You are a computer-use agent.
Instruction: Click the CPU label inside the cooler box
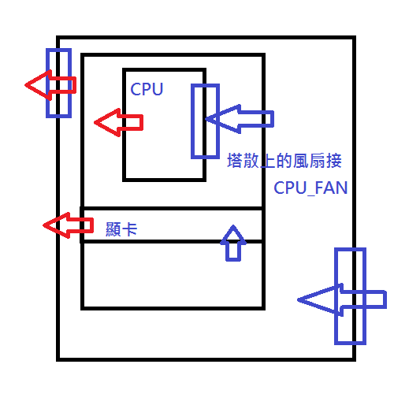pos(147,89)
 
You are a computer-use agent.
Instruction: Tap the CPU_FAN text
pos(310,188)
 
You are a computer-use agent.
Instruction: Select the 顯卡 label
pos(121,229)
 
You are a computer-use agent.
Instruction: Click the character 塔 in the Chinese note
pos(235,161)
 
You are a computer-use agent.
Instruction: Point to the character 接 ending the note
pos(334,161)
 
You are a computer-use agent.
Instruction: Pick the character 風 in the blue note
pos(301,161)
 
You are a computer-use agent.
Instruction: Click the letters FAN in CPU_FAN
pos(331,188)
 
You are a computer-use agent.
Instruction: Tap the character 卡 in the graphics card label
pos(129,229)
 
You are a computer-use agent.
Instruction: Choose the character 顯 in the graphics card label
pos(113,229)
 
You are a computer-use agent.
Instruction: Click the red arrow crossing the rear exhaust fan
pos(50,85)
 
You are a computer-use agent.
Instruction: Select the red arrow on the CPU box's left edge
pos(119,122)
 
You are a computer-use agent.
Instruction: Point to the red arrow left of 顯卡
pos(69,225)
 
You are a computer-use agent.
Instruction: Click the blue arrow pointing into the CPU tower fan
pos(240,119)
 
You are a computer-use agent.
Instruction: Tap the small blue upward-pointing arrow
pos(233,243)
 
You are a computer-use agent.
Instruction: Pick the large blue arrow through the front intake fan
pos(342,299)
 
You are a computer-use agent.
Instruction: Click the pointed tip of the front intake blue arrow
pos(298,299)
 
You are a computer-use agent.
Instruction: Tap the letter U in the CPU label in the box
pos(158,89)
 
